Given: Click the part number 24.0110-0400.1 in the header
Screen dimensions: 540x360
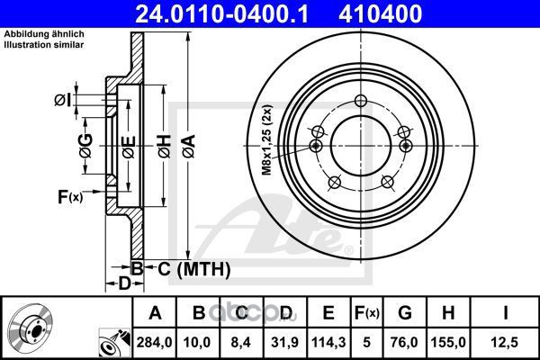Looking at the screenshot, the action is [x=221, y=13].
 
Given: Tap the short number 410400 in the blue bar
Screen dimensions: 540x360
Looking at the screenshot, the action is [x=380, y=13].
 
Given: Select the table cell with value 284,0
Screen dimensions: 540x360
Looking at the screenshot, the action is [x=154, y=342].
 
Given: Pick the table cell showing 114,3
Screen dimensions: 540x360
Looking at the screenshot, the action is [x=328, y=342].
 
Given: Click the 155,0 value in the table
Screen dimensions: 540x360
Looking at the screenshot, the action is [x=448, y=342].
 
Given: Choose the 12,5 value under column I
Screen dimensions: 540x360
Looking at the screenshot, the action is [x=505, y=342].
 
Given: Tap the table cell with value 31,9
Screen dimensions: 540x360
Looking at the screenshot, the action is [x=284, y=342].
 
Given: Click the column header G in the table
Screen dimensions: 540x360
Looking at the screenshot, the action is [x=405, y=313].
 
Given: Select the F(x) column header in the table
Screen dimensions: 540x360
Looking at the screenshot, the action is [x=367, y=313].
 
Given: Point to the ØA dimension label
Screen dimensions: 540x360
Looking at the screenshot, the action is [x=190, y=147].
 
